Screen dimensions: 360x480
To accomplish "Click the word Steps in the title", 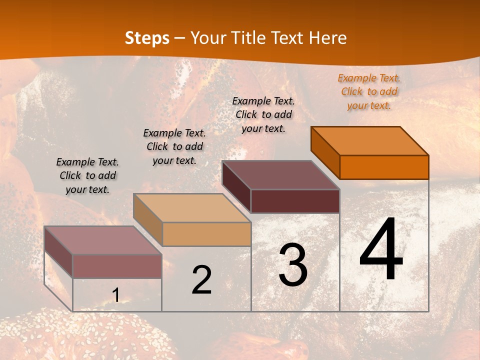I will click(x=147, y=38).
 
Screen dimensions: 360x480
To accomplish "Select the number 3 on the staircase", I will click(x=293, y=265).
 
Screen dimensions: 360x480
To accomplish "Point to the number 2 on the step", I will click(x=201, y=280).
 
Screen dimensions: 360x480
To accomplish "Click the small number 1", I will click(x=115, y=295).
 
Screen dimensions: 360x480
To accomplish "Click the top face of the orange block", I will click(x=370, y=140).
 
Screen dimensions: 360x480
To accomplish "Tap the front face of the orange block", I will click(x=384, y=167).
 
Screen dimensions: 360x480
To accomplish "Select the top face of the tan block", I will click(x=192, y=207).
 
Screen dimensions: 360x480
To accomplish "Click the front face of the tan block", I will click(x=206, y=234).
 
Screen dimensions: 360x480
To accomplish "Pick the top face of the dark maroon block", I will click(x=280, y=174).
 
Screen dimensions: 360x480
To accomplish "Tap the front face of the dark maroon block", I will click(x=295, y=201).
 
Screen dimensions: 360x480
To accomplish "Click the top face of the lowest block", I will click(x=103, y=240).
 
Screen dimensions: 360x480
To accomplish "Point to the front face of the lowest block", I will click(x=117, y=266).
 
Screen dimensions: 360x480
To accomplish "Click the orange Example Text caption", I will click(x=369, y=91).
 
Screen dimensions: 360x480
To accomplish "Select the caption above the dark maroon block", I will click(x=263, y=114).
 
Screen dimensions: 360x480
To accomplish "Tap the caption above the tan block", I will click(x=174, y=146).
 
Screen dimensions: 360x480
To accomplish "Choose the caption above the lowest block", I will click(x=87, y=175).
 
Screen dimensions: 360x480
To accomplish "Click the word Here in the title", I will click(x=328, y=38).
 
